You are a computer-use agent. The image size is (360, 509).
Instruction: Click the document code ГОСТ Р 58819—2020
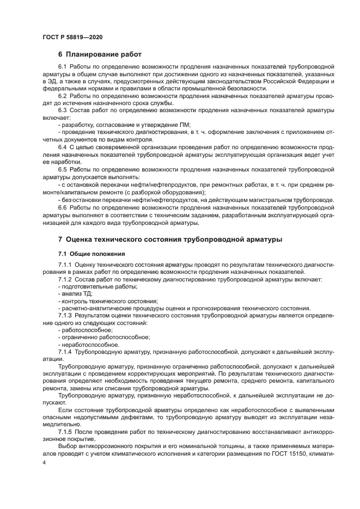(x=72, y=37)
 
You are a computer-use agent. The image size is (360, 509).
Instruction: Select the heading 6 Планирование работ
(x=100, y=54)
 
